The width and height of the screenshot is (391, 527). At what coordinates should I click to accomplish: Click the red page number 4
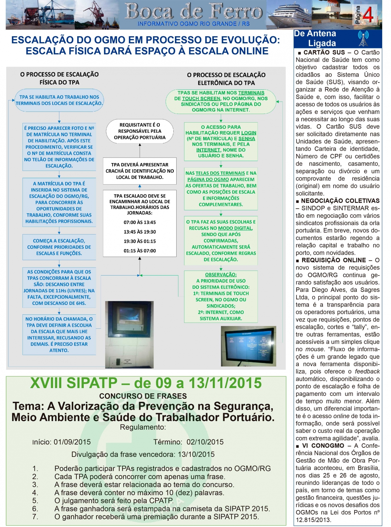point(368,14)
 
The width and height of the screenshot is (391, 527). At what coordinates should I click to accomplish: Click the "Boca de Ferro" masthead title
point(194,12)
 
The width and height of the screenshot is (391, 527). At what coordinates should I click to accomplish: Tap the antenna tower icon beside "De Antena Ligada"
point(363,38)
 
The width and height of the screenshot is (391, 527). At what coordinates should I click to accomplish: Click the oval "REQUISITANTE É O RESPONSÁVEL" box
point(140,131)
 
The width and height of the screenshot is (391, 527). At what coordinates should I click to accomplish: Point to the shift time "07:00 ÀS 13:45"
point(140,222)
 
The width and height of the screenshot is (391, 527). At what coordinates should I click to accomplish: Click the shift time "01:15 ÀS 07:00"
point(140,251)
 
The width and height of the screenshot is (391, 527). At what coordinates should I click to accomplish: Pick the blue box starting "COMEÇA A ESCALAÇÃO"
point(59,247)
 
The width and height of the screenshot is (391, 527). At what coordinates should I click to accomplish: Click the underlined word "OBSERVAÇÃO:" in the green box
point(221,275)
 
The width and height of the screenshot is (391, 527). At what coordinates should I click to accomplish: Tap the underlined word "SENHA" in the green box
point(247,139)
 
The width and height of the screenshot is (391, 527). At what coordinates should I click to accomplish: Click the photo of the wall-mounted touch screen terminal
point(129,334)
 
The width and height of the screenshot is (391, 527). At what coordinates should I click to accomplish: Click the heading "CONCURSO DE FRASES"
point(143,396)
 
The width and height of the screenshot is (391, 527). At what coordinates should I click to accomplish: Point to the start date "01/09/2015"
point(72,442)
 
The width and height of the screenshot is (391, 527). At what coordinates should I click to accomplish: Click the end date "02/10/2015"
point(205,442)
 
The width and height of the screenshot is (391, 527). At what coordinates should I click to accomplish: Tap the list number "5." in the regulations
point(35,501)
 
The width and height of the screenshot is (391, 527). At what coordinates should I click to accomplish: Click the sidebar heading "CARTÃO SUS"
point(324,53)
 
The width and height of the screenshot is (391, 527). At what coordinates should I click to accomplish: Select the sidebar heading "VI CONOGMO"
point(323,445)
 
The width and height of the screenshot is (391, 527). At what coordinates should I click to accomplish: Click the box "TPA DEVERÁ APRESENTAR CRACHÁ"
point(140,171)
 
